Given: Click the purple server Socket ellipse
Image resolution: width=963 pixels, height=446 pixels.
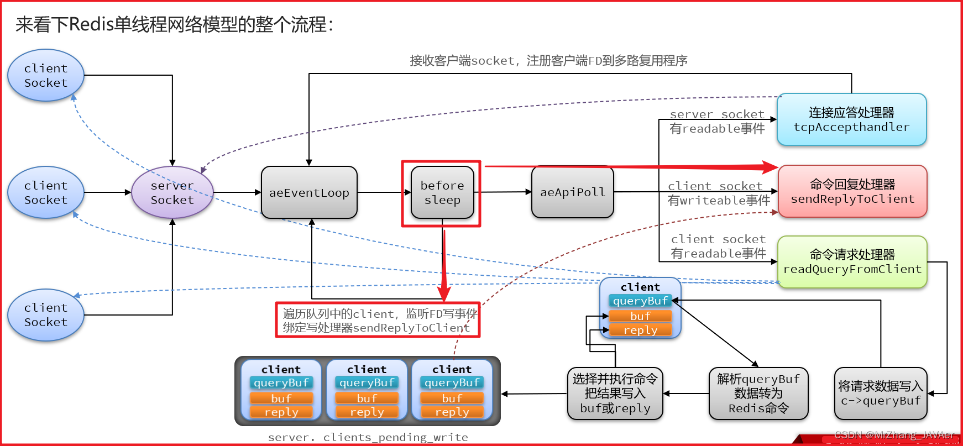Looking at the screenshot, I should (172, 192).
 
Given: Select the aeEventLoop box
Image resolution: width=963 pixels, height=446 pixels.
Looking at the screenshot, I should (309, 192).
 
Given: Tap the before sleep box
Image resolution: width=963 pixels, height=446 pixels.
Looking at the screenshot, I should (442, 192).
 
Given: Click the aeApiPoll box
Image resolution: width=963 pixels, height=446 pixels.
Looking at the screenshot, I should (572, 192).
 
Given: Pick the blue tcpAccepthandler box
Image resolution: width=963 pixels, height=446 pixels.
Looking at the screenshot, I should (851, 119).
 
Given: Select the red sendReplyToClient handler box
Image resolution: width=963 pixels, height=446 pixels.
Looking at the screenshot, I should (852, 191).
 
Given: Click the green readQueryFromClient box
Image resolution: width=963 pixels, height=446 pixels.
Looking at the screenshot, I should (852, 262).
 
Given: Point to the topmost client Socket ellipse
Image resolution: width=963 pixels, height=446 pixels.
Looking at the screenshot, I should (46, 75).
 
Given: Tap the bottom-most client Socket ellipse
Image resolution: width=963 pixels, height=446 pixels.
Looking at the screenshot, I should (46, 314).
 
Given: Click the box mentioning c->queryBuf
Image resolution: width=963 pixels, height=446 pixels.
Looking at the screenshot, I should (880, 393).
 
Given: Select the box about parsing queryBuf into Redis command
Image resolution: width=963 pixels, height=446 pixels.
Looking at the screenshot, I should (758, 393).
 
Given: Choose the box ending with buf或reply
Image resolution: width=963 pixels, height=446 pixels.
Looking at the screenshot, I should (615, 393).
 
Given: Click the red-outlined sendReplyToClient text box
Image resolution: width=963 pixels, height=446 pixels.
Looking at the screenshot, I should (378, 321).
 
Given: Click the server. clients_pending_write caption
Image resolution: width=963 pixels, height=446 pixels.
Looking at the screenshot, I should (368, 437).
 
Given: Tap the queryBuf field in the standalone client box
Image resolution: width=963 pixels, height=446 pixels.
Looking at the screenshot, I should (640, 301).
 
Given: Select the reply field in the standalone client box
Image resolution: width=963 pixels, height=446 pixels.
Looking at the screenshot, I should (640, 330).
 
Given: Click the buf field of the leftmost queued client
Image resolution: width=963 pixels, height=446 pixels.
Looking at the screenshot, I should (281, 398).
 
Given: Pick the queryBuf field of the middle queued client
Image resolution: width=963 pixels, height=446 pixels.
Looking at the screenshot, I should (367, 382).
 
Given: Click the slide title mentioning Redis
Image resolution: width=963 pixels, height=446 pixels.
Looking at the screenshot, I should (174, 24).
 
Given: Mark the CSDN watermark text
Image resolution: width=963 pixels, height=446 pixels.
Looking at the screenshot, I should (894, 435).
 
